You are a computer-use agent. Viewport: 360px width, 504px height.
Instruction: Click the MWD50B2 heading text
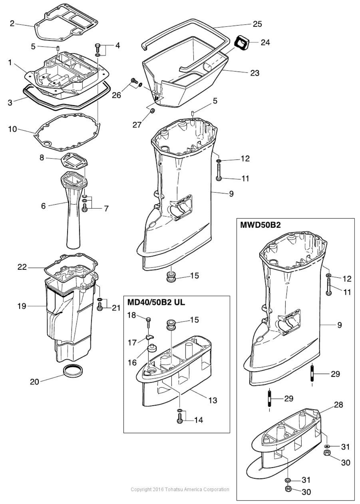click(260, 225)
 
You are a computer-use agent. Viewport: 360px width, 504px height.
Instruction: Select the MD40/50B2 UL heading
click(156, 302)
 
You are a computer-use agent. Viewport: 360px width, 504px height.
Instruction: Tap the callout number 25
click(257, 24)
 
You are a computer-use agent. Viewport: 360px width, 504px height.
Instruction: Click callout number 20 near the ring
click(34, 382)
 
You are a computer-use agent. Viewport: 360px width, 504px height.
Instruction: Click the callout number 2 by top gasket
click(12, 23)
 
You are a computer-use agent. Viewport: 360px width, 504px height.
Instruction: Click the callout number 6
click(44, 206)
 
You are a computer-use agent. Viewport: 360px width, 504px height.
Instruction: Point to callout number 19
click(22, 306)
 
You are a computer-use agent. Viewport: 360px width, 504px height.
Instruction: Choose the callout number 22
click(22, 267)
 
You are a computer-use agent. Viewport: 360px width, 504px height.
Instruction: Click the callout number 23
click(255, 73)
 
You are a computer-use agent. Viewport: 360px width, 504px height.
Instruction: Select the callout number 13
click(213, 400)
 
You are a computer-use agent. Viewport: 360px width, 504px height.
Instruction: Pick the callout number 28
click(338, 405)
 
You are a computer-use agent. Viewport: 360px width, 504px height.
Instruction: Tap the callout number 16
click(132, 362)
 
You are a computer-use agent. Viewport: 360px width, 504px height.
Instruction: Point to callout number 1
click(10, 63)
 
